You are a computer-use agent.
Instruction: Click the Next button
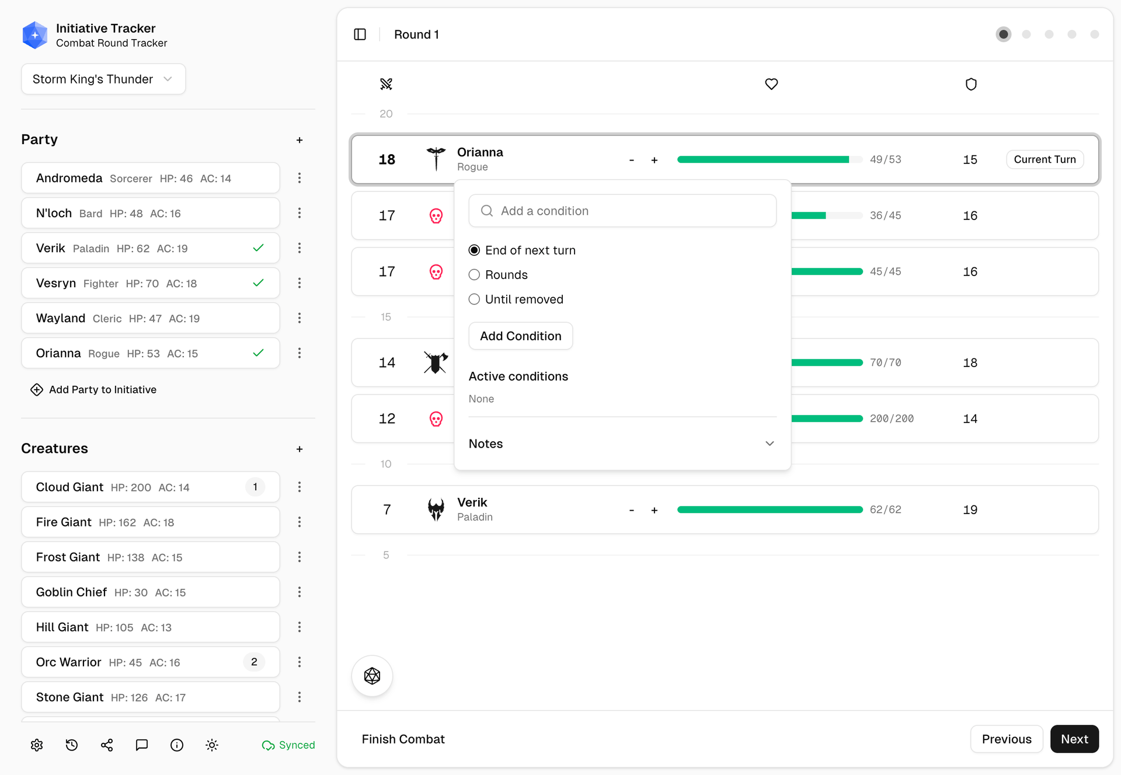point(1074,739)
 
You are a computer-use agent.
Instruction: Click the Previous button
point(1006,739)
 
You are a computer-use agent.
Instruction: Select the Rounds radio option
point(474,275)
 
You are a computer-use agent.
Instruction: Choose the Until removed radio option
point(474,299)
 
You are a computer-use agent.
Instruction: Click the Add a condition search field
point(622,211)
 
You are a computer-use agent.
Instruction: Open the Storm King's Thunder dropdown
point(103,79)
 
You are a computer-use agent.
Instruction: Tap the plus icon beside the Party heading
point(300,140)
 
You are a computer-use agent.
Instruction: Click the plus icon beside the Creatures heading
point(300,449)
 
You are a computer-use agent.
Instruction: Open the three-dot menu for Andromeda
point(300,178)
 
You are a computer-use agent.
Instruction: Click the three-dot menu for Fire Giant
point(300,522)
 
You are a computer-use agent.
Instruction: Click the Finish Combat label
point(403,739)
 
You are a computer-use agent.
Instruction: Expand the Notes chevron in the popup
point(770,444)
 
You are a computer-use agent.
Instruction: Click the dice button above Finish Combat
point(372,676)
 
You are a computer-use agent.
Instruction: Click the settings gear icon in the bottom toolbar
point(37,745)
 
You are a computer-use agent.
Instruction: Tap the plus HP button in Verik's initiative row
point(655,510)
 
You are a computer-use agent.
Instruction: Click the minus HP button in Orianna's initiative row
point(631,160)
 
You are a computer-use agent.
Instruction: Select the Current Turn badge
point(1045,159)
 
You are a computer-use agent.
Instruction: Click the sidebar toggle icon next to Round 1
point(360,34)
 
